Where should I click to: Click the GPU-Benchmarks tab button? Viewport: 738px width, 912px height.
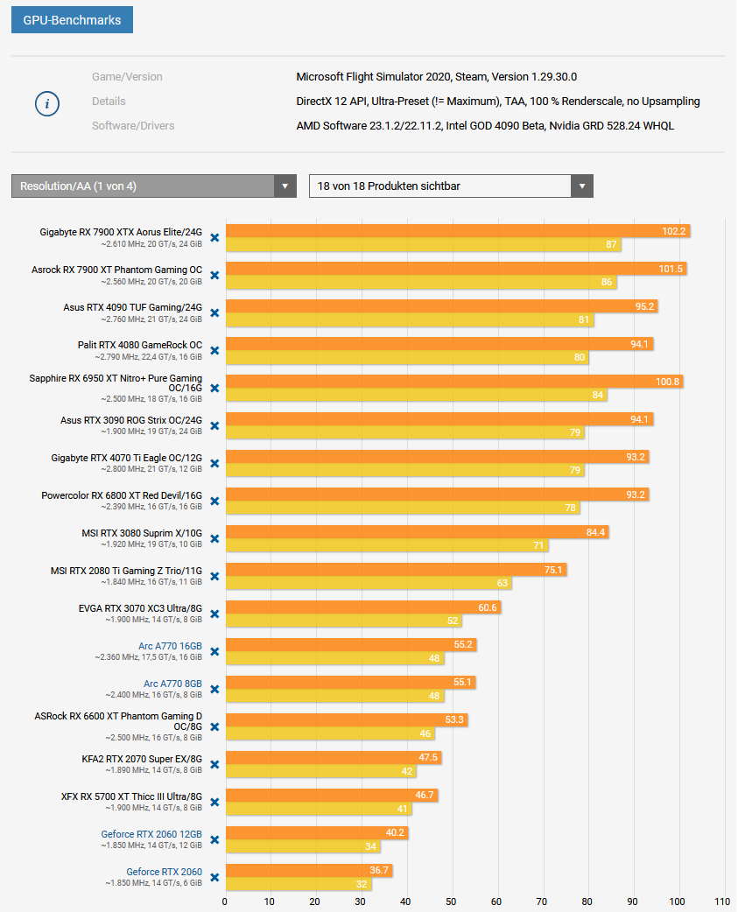tap(72, 20)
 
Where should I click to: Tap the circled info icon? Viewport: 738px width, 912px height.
tap(47, 103)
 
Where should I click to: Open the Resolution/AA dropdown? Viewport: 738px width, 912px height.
tap(153, 186)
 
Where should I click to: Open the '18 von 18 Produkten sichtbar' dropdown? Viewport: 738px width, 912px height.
tap(451, 186)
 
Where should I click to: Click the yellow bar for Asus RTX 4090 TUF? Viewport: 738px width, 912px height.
tap(409, 320)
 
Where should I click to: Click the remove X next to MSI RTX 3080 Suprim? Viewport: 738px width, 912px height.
tap(214, 538)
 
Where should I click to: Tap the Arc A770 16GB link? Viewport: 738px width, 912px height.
tap(170, 646)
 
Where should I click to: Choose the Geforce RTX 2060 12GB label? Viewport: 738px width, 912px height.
tap(151, 834)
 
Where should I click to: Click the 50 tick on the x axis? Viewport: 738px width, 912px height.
tap(451, 901)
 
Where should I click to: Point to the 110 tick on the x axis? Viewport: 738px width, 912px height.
tap(722, 901)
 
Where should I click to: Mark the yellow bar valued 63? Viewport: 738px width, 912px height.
tap(368, 584)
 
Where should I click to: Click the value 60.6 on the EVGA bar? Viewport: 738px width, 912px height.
tap(487, 607)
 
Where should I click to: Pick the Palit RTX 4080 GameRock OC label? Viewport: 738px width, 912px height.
tap(139, 345)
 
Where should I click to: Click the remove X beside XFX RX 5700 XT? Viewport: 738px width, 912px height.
tap(214, 802)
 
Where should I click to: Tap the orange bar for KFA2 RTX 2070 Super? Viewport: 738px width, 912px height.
tap(333, 758)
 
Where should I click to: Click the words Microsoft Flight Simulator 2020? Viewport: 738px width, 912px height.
tap(374, 77)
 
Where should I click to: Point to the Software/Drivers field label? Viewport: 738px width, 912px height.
tap(133, 126)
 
